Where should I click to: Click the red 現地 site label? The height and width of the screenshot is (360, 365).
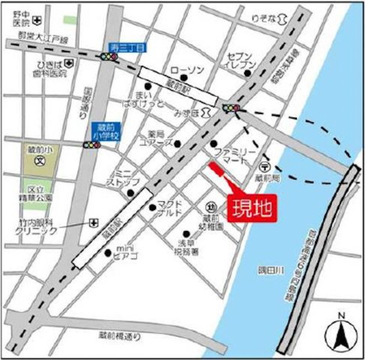(x=248, y=205)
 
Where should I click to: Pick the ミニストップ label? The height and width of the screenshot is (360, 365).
(x=122, y=178)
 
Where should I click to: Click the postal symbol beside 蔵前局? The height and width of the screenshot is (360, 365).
(x=263, y=166)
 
